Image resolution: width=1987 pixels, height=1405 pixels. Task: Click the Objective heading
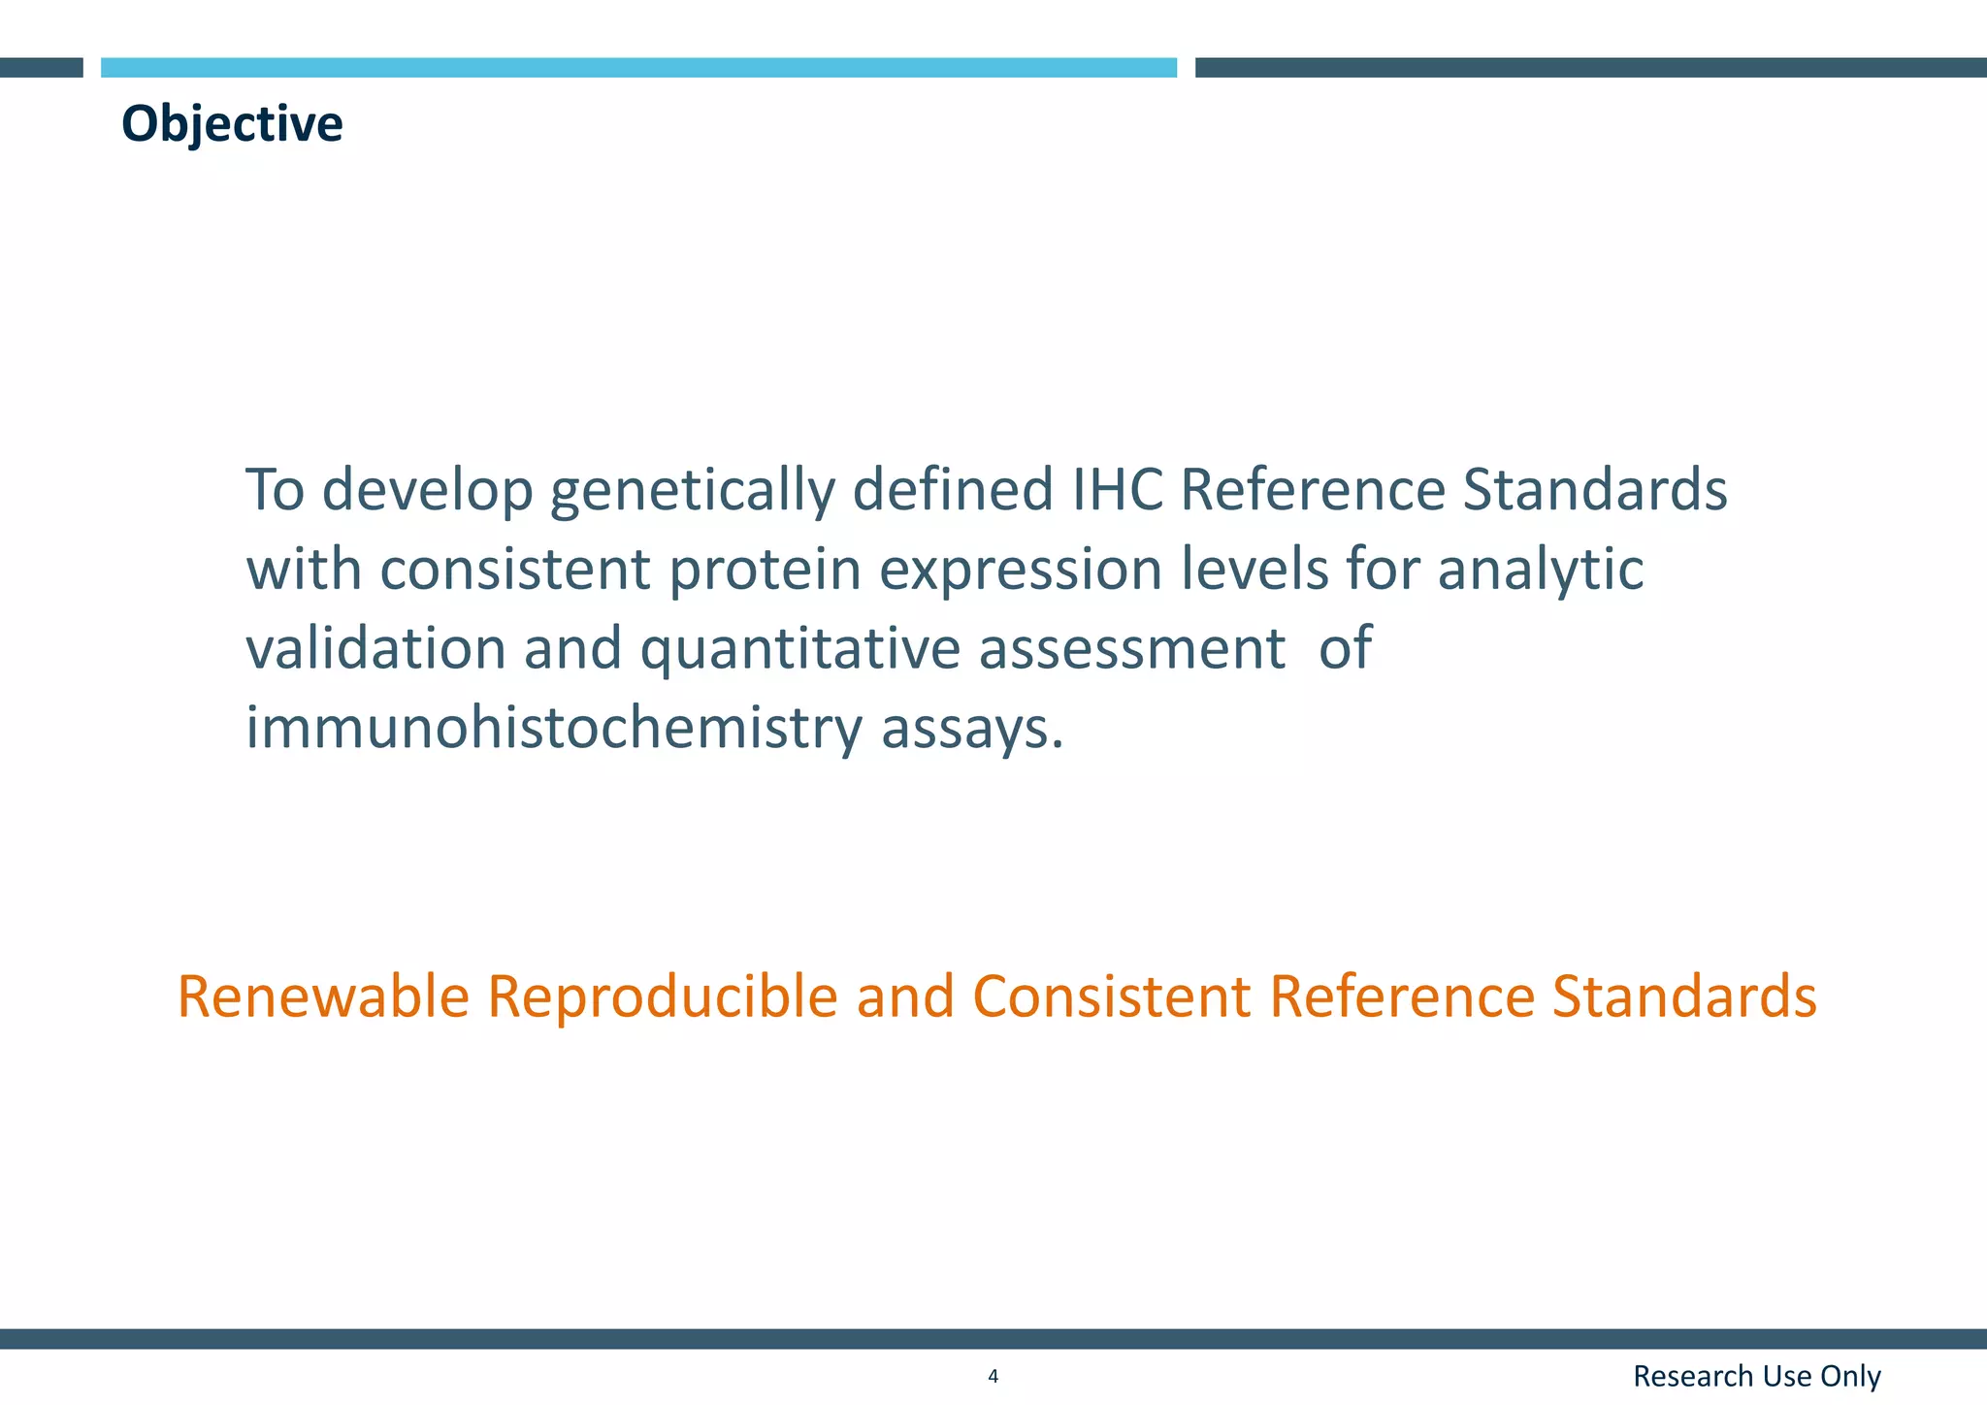point(232,124)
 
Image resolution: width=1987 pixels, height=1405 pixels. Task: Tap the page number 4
point(993,1376)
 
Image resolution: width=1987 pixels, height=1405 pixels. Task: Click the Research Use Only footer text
point(1756,1376)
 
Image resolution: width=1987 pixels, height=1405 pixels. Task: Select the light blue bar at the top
point(638,67)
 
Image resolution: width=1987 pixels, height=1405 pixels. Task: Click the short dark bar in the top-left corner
point(41,67)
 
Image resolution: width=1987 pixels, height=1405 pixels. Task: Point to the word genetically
point(692,490)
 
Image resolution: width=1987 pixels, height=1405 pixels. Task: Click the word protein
point(765,570)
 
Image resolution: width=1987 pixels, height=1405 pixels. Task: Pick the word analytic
point(1540,570)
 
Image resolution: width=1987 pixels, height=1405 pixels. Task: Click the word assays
point(971,728)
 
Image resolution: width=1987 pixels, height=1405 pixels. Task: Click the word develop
point(428,490)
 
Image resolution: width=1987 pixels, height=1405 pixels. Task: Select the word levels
point(1254,570)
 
